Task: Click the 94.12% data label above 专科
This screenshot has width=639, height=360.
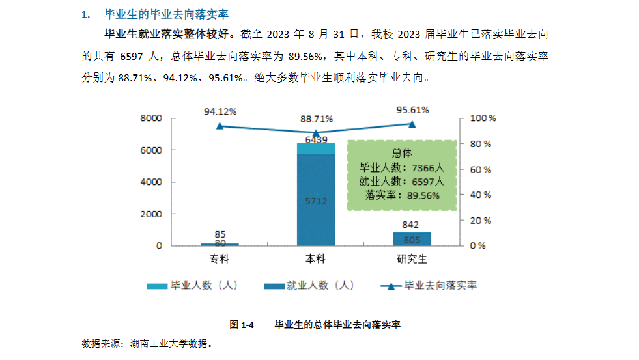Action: point(220,111)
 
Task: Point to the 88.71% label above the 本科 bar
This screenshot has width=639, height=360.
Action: point(316,119)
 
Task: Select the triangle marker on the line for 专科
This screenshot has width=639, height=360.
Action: point(220,126)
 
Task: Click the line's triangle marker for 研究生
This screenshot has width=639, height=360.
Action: point(412,124)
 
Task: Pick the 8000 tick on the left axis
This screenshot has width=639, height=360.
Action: point(150,118)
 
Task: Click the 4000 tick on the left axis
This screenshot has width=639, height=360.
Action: point(150,182)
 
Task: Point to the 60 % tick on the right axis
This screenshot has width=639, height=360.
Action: point(483,169)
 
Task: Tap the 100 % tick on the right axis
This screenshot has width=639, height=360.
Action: point(483,118)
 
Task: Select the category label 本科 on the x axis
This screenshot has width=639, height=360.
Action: point(316,260)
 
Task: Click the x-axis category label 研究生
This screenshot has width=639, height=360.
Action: point(412,260)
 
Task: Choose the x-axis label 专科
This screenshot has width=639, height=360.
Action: point(220,260)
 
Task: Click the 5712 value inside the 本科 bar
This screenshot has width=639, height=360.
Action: point(316,202)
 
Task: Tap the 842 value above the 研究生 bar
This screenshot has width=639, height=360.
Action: point(412,225)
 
